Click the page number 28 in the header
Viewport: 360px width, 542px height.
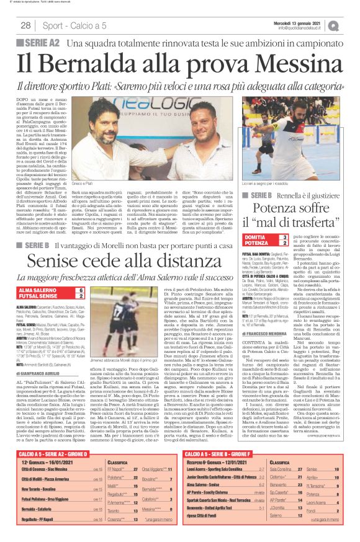(x=26, y=25)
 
